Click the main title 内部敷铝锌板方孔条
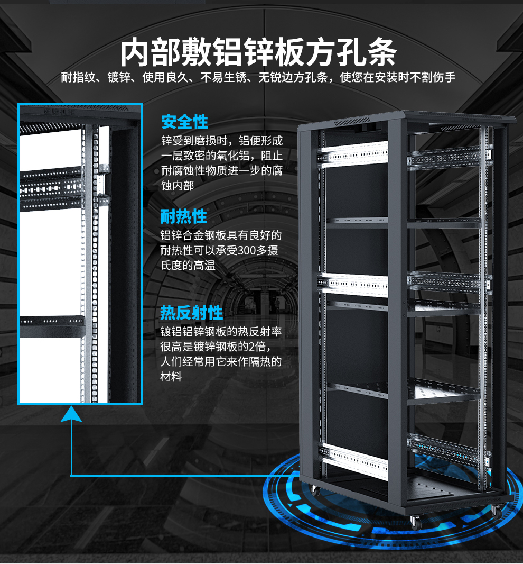[258, 51]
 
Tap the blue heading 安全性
[184, 122]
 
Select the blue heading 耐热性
[184, 216]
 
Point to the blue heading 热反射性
[191, 313]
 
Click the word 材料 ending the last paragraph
[171, 377]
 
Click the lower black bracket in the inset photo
[52, 325]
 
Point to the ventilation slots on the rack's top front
[349, 123]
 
